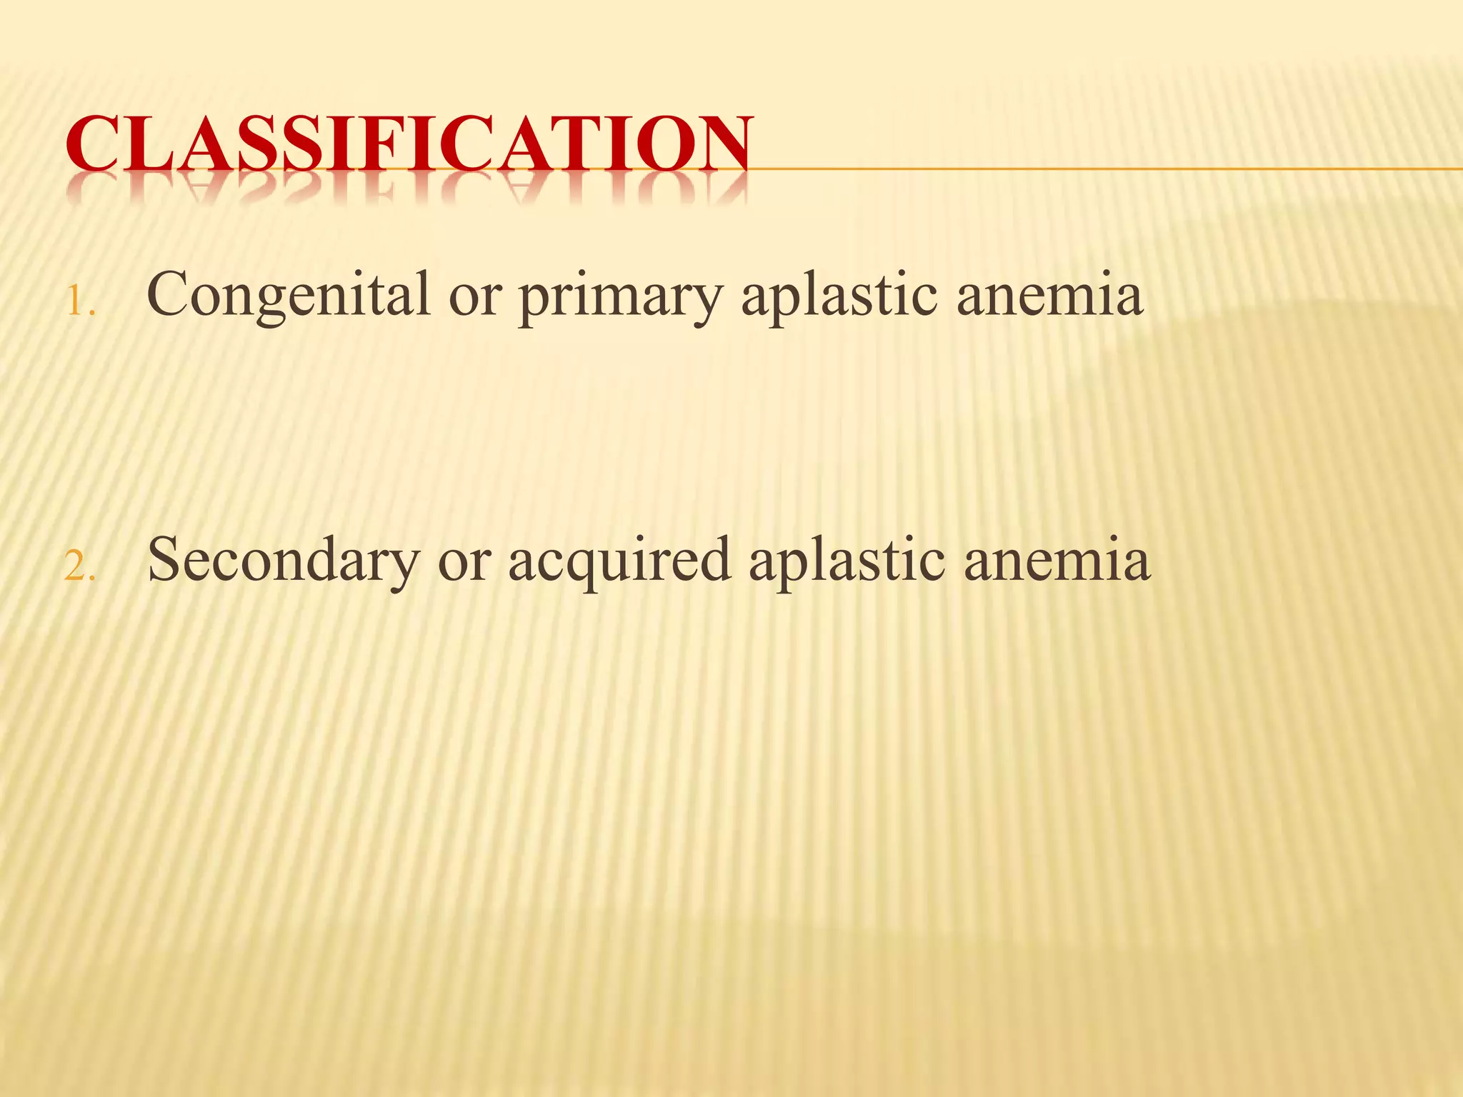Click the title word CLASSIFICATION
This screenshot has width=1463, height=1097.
pos(408,144)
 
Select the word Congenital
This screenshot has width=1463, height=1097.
pos(288,295)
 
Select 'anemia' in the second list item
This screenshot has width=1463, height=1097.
pos(1057,561)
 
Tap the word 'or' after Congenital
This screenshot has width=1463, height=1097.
pos(474,299)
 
